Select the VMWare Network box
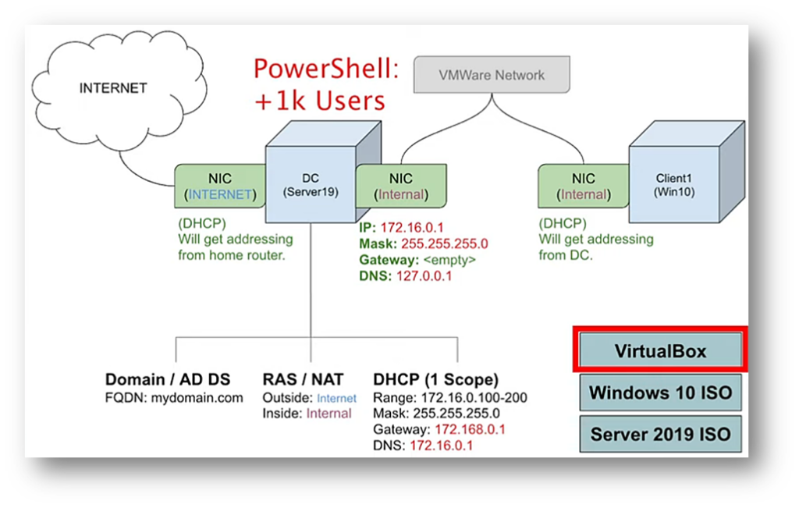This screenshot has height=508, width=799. (492, 76)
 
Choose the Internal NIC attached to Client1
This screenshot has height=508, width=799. (583, 186)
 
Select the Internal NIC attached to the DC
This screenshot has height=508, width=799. (401, 186)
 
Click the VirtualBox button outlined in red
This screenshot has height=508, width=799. (660, 350)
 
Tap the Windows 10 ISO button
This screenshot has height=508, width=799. (660, 392)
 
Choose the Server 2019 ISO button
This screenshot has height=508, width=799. (660, 434)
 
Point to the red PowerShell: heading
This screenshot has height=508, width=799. (326, 69)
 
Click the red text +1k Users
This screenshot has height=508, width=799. (320, 101)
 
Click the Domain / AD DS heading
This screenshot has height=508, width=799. (168, 380)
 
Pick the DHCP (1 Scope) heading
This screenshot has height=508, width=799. (435, 380)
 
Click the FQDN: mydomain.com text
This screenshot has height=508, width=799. (174, 397)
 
